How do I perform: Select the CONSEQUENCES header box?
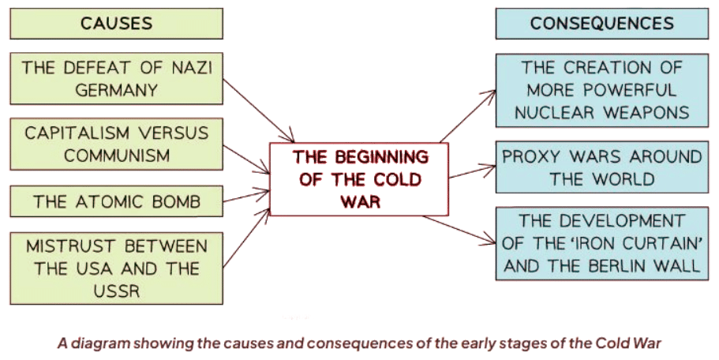(x=602, y=24)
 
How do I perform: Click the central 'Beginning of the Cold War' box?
(x=359, y=179)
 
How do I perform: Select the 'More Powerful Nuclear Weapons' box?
(x=602, y=90)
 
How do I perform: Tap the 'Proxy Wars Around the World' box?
(x=602, y=167)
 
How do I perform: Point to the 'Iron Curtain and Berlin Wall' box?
(x=602, y=243)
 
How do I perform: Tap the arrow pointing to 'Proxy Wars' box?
(x=471, y=171)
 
